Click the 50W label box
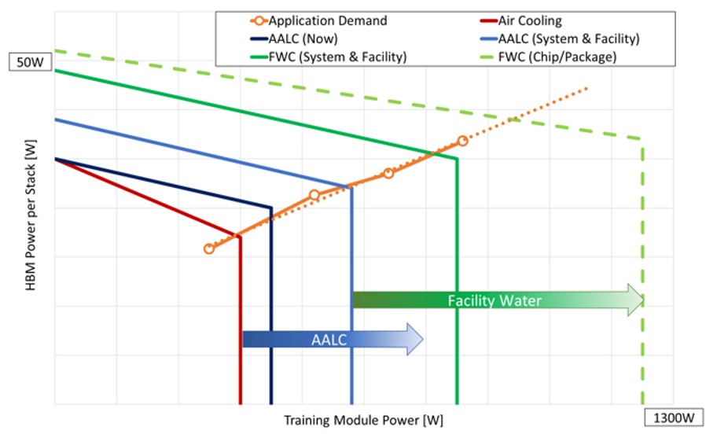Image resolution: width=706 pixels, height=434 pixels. [x=30, y=61]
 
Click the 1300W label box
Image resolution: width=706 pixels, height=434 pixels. [x=674, y=417]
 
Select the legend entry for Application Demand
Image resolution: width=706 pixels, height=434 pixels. [x=318, y=20]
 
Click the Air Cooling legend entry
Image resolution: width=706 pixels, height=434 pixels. [x=521, y=20]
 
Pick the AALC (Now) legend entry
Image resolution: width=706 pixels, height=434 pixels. [x=294, y=39]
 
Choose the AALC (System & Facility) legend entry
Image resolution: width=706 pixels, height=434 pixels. [x=560, y=39]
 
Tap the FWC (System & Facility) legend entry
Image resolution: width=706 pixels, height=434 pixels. [x=329, y=57]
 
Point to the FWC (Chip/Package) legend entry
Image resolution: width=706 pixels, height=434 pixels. [x=549, y=57]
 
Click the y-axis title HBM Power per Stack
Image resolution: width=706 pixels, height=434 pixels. [x=31, y=215]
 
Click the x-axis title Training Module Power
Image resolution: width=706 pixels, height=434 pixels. [x=363, y=420]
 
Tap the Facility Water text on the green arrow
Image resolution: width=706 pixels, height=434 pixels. [x=495, y=300]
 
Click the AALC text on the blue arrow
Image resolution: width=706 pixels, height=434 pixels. [x=329, y=340]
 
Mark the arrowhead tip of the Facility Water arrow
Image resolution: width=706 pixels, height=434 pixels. [x=645, y=300]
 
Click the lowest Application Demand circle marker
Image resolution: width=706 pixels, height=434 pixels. [x=209, y=248]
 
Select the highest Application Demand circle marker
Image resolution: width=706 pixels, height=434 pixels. [x=462, y=141]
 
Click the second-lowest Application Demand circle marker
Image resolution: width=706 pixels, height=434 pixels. [x=314, y=195]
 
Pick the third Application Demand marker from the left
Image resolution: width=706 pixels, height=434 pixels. [x=388, y=173]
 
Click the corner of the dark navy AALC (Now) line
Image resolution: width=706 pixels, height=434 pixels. [x=271, y=208]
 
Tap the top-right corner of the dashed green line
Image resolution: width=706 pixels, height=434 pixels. [x=642, y=139]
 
